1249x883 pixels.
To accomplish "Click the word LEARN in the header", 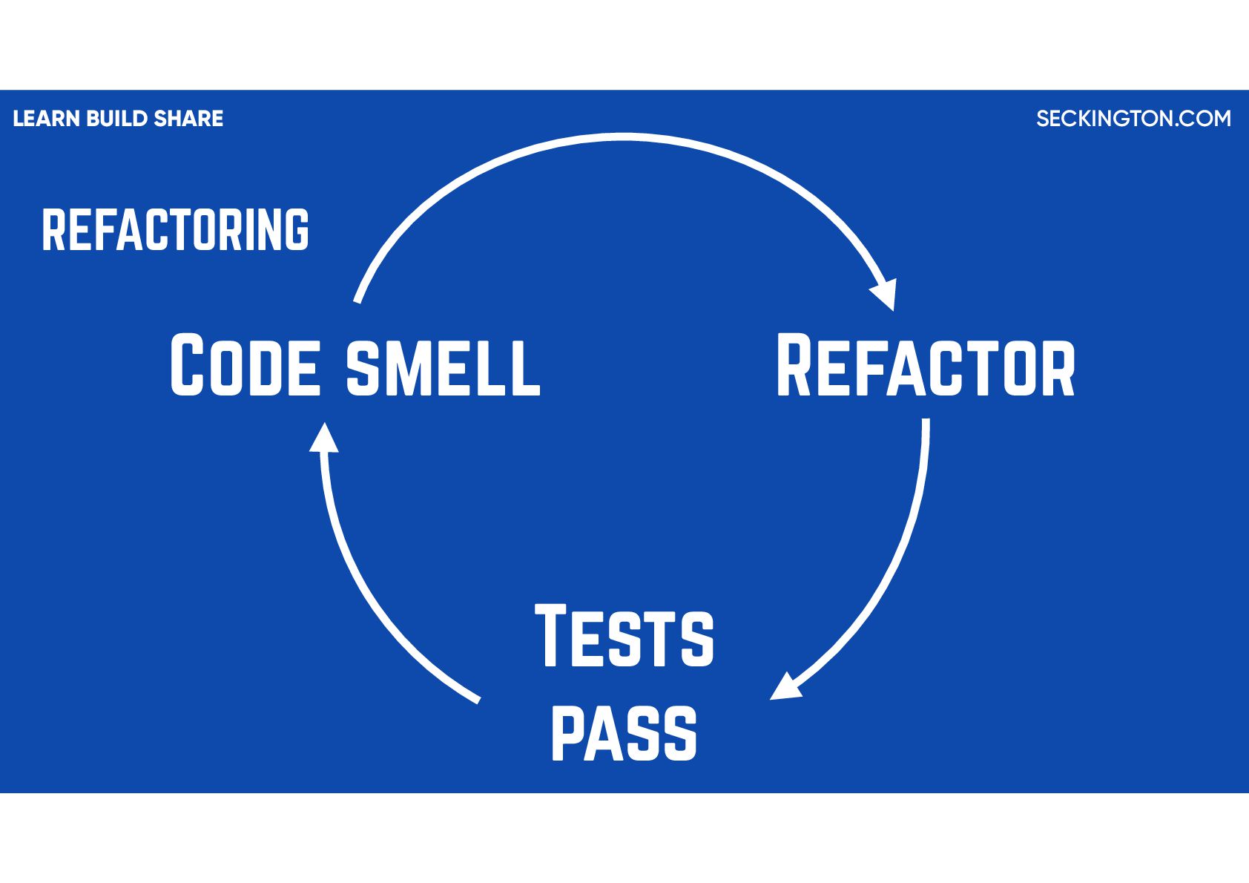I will pos(46,119).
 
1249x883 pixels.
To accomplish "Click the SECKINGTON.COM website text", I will pos(1133,119).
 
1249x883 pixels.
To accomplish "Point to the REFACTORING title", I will pos(175,230).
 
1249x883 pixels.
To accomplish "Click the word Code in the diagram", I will pos(245,365).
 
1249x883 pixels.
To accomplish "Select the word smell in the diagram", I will pos(444,367).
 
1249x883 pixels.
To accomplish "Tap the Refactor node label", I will pos(925,367).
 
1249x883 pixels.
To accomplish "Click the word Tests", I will pos(624,637).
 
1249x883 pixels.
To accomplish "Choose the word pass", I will pos(624,732).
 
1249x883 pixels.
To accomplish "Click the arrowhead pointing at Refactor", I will pos(886,294).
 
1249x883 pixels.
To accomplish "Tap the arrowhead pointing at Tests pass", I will pos(785,687).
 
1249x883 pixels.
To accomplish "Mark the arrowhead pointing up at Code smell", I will pos(323,439).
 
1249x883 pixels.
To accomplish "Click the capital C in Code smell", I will pos(187,365).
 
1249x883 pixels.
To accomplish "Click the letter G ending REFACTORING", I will pos(297,230).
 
